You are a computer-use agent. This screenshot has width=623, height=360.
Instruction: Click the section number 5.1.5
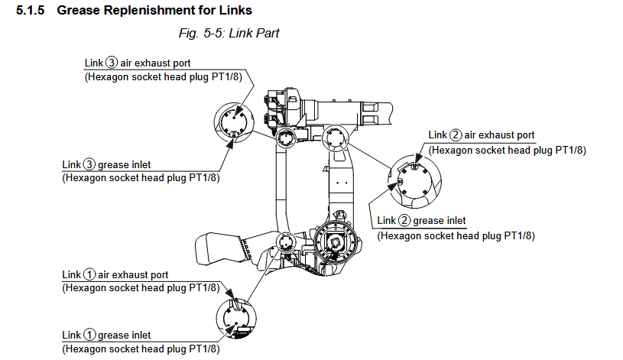point(32,11)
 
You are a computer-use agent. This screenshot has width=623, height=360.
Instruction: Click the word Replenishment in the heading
point(141,11)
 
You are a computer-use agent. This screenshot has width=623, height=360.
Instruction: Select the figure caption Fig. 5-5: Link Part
point(229,34)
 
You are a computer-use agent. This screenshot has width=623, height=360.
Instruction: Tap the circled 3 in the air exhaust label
point(112,63)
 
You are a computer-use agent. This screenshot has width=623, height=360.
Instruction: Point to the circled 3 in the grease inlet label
point(89,164)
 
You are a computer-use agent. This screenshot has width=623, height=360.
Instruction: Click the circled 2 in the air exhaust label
point(456,135)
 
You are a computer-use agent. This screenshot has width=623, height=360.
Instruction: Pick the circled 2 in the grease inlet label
point(405,222)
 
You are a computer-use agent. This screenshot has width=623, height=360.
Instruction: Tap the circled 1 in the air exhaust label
point(89,274)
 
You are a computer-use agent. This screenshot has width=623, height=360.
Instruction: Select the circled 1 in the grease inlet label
point(89,335)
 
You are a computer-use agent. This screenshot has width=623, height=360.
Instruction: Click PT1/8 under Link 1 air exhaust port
point(202,288)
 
